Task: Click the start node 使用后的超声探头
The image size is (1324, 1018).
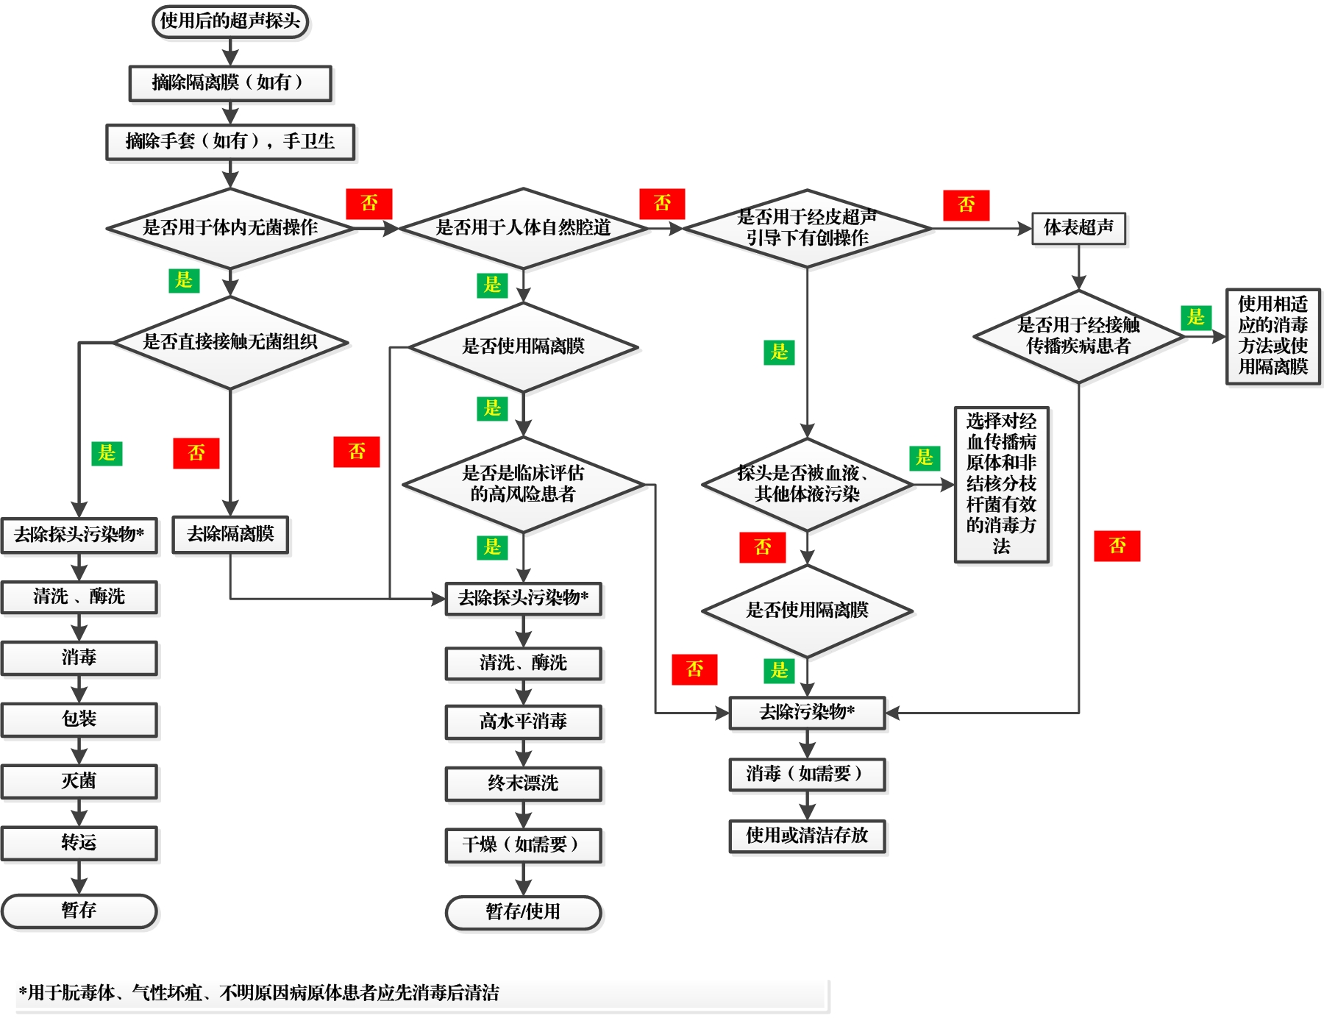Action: click(230, 21)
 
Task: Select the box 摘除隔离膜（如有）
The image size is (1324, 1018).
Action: click(230, 82)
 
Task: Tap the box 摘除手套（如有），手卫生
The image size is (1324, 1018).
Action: click(230, 141)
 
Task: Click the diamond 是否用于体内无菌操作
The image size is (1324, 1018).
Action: click(230, 228)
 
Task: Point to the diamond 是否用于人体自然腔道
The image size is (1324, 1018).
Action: click(523, 228)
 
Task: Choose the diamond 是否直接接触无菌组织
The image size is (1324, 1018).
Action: click(230, 342)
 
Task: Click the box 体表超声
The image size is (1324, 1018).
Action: click(1078, 228)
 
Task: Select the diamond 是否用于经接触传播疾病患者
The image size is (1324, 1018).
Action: click(1078, 336)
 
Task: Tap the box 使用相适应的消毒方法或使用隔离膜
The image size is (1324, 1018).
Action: click(1273, 335)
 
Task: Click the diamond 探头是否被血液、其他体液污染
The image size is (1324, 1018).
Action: click(807, 484)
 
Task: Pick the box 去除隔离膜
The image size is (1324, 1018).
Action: click(230, 534)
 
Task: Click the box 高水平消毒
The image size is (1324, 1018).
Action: click(523, 722)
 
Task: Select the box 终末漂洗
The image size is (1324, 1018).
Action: click(523, 783)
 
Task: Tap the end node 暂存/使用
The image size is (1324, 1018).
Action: click(523, 912)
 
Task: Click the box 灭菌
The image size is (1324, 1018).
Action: click(79, 781)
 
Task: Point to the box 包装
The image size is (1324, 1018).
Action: click(79, 719)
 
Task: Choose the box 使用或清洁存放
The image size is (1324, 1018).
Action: click(807, 836)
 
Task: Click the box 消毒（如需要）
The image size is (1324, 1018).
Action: click(807, 774)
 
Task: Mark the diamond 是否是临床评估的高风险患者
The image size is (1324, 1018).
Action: click(523, 484)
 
